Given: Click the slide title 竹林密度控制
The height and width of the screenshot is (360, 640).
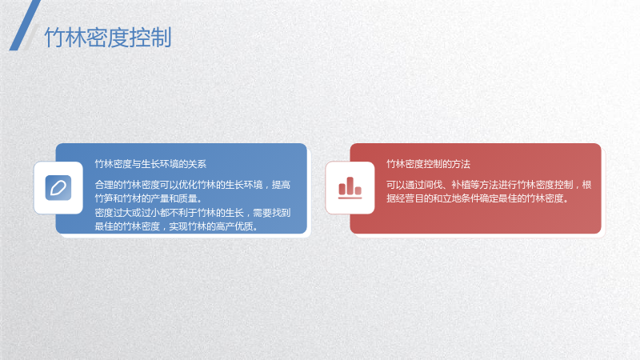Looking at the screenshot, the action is point(108,38).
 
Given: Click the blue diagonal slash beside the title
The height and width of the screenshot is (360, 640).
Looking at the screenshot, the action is point(25,26).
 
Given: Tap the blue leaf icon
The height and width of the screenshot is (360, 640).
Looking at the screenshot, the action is point(58,188).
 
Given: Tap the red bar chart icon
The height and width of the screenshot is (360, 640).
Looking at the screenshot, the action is point(350,188).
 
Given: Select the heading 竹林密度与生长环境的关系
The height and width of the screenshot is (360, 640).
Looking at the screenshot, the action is point(150,164).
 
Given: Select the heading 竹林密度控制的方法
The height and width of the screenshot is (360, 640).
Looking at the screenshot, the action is point(428,164).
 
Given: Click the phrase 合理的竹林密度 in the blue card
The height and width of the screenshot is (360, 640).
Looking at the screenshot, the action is point(127,185).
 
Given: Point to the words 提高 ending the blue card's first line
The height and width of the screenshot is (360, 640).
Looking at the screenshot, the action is point(282,185).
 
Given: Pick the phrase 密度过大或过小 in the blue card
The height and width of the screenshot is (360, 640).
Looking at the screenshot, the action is point(127,213).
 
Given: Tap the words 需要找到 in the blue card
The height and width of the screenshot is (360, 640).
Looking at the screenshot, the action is point(272,213).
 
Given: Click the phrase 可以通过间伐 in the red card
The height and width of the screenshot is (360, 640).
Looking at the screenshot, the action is point(414,185).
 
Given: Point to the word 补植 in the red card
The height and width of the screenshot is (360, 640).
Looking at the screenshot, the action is point(461,185).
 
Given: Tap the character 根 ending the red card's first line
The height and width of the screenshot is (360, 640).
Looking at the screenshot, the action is point(586,185).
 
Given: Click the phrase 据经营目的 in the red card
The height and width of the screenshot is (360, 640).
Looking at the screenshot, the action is point(410,198).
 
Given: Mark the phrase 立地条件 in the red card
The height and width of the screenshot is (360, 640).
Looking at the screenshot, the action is point(461,198).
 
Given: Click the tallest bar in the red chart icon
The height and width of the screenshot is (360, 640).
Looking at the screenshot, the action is point(350,186).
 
